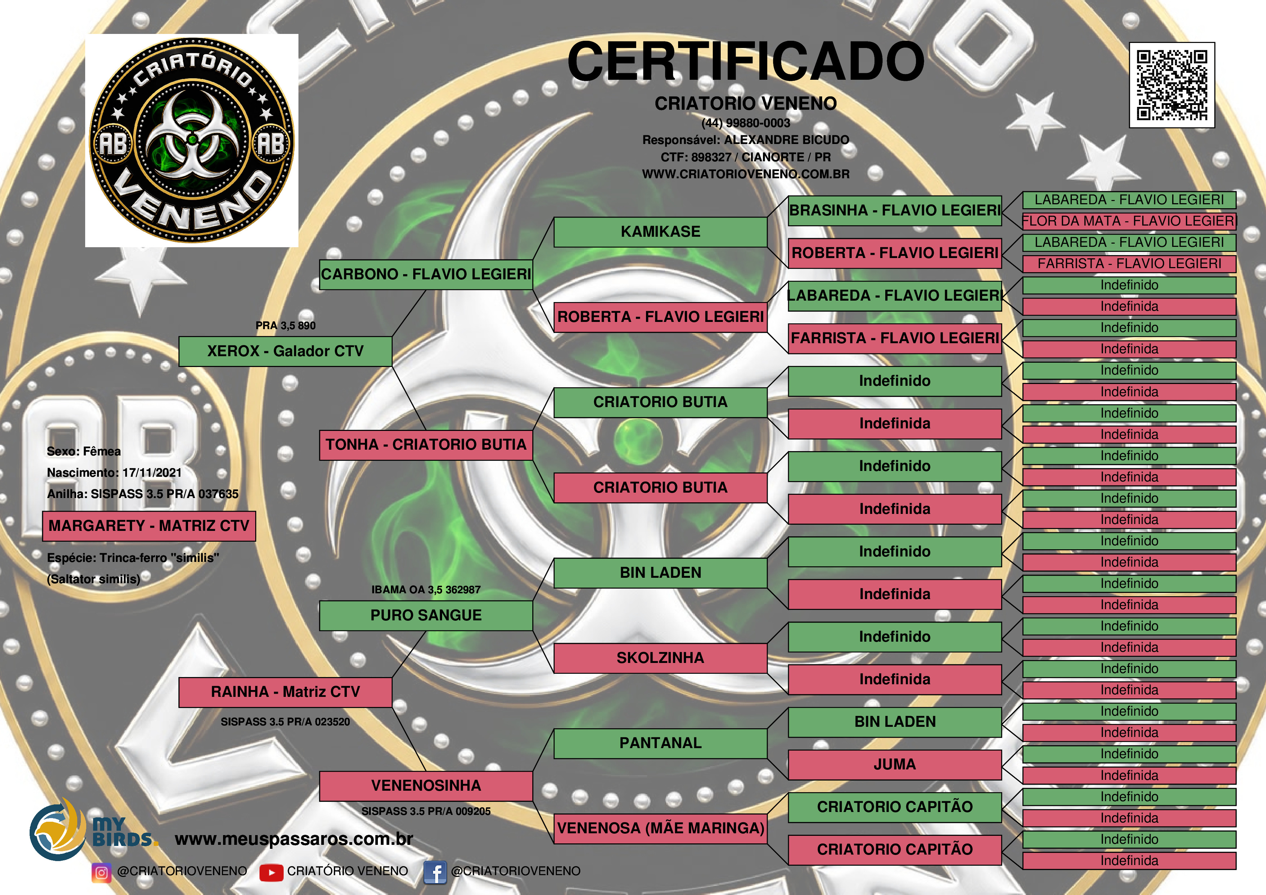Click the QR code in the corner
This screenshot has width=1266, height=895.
(x=1172, y=85)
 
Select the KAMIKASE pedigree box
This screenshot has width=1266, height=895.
(x=660, y=232)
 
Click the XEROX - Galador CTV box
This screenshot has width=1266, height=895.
(x=285, y=351)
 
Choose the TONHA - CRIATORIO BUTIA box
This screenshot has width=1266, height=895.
(x=426, y=445)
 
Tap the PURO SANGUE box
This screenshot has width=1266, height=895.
(x=426, y=615)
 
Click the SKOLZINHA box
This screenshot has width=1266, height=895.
(x=660, y=658)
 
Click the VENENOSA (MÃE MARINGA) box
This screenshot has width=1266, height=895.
(x=660, y=828)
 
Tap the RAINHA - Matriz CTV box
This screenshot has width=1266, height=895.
(x=285, y=692)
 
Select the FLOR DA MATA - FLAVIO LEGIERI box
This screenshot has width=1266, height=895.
(x=1129, y=221)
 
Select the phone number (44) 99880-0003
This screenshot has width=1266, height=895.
(x=746, y=123)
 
